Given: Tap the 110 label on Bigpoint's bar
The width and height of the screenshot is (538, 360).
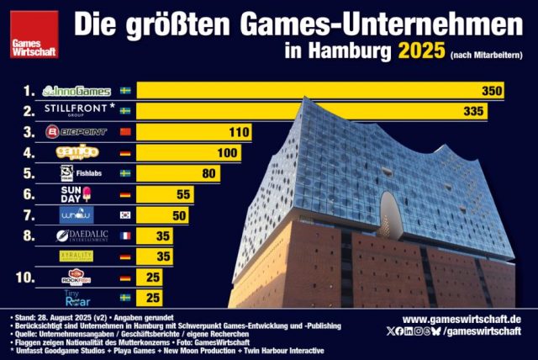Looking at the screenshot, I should pos(240,132).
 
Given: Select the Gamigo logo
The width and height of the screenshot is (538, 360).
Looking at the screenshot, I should pos(78,152).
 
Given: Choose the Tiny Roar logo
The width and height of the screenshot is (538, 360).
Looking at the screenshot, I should pos(76,298).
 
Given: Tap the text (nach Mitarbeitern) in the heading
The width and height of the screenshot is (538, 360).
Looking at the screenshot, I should pos(487,55).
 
